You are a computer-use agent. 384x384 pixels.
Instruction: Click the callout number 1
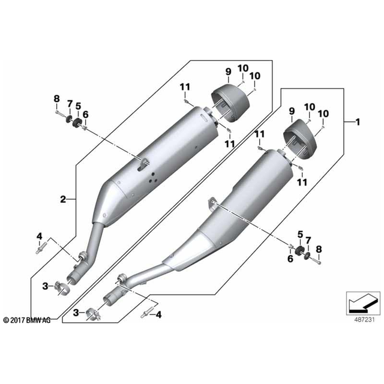point(358,123)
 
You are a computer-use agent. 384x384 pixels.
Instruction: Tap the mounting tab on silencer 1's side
point(212,201)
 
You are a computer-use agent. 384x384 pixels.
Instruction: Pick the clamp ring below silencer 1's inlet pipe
point(93,313)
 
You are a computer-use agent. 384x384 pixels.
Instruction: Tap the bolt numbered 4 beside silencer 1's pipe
point(146,313)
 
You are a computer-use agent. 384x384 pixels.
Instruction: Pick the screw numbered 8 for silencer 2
point(58,112)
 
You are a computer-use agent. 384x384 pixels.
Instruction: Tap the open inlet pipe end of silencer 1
point(111,299)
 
